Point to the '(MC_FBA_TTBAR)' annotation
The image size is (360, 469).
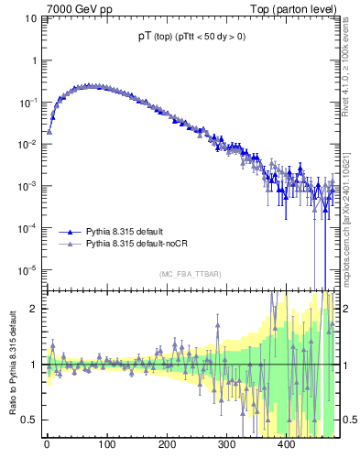190,275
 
